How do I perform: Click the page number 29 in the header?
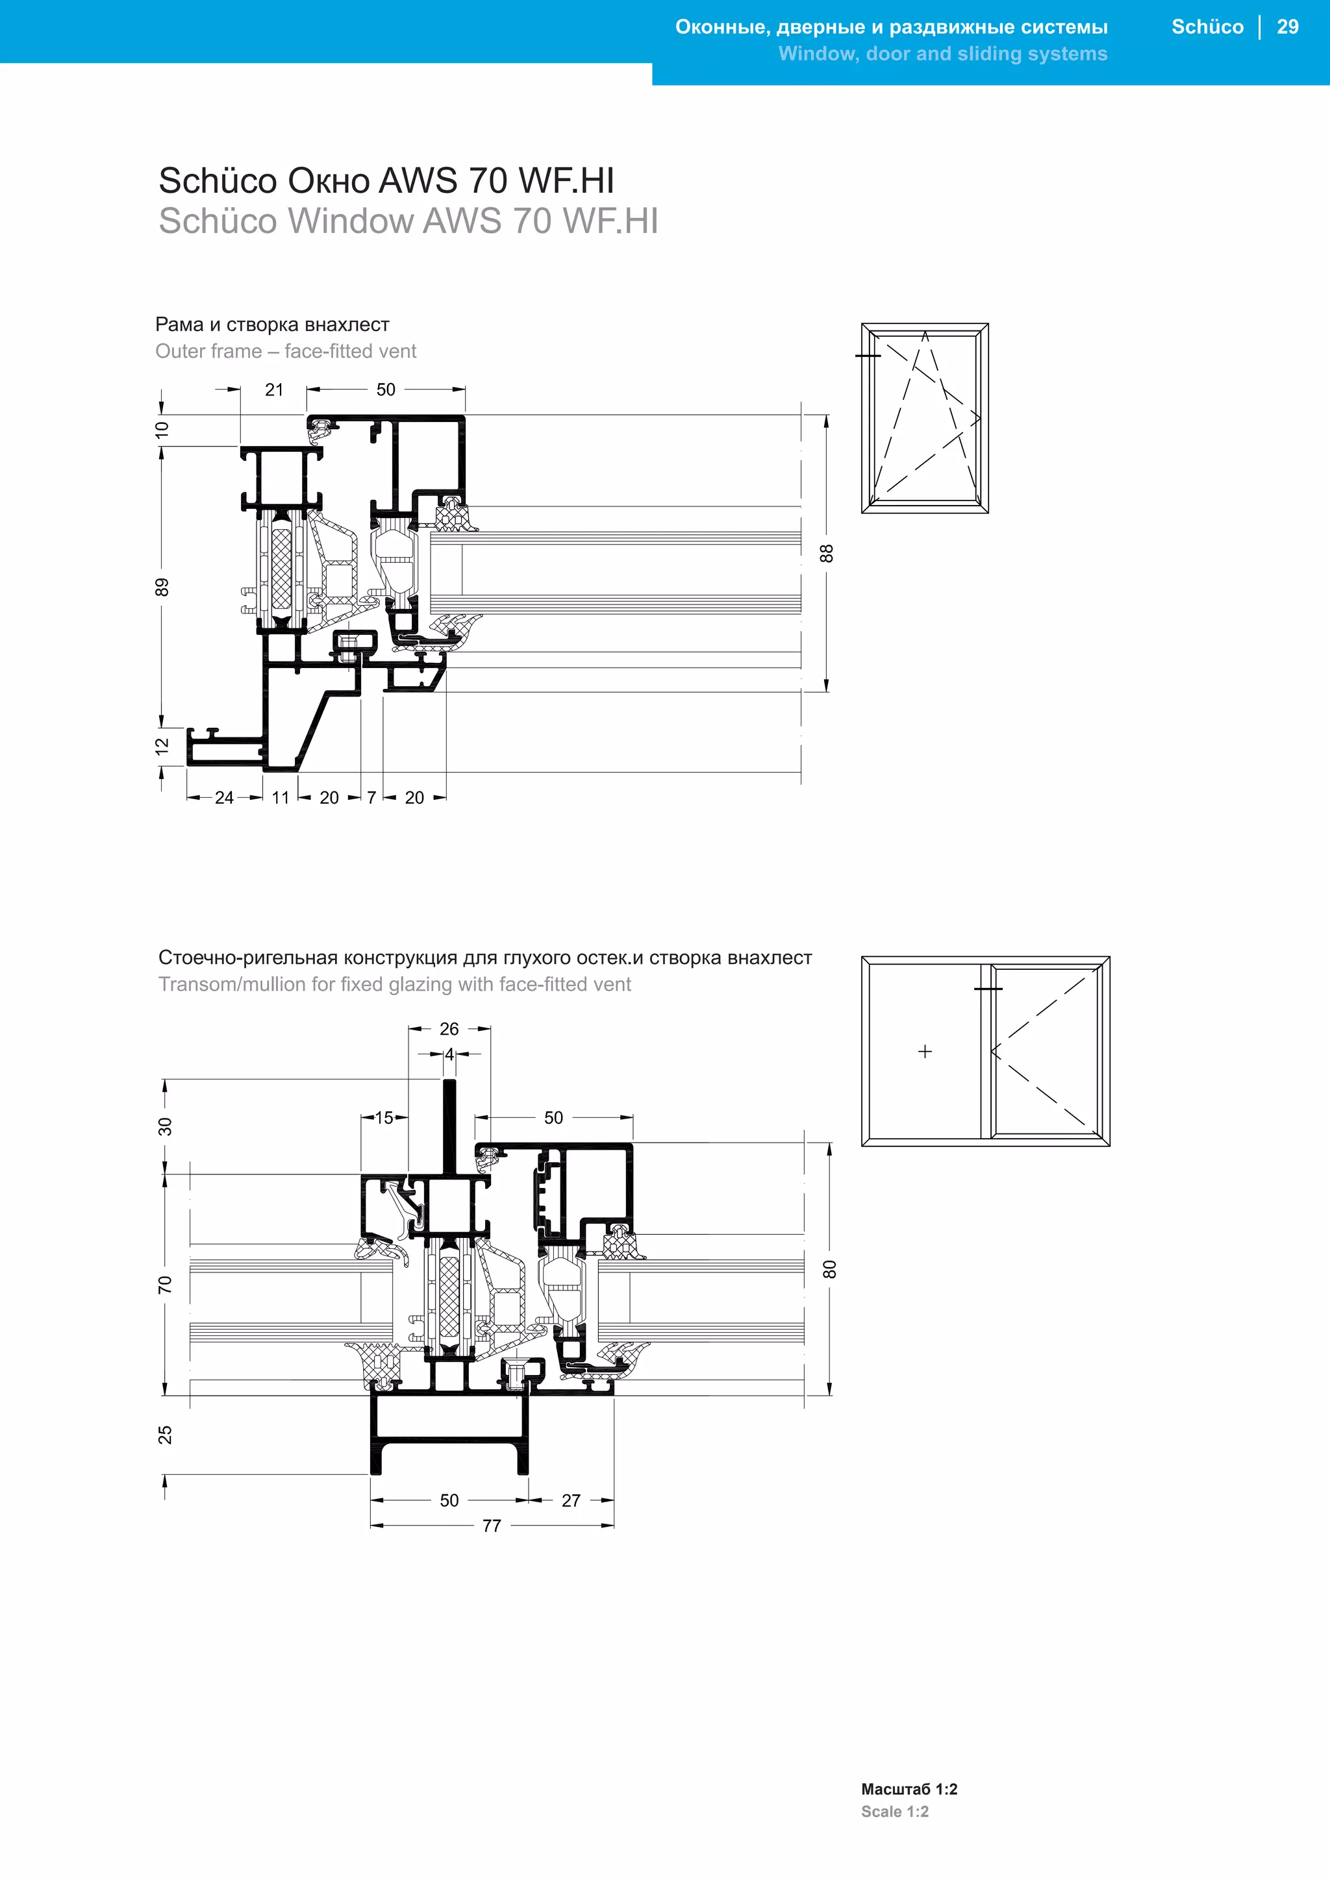coord(1287,27)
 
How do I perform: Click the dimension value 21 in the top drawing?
coord(274,390)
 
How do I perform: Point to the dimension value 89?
coord(162,587)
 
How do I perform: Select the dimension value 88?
coord(827,554)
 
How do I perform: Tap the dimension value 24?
coord(225,798)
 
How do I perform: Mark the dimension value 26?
coord(449,1029)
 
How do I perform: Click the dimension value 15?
coord(384,1118)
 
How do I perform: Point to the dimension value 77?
coord(492,1526)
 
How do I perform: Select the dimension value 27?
coord(571,1501)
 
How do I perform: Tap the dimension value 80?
coord(829,1269)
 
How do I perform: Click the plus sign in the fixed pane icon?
coord(925,1052)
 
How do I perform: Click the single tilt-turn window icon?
coord(925,419)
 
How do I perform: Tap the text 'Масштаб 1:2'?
coord(909,1789)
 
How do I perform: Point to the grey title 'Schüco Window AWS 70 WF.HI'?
coord(408,221)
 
